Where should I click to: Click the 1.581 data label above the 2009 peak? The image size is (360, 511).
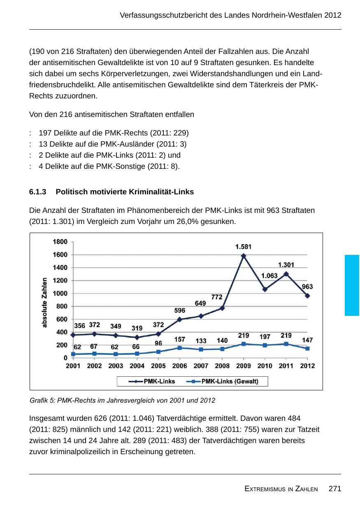(243, 247)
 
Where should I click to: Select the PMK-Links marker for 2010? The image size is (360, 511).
(265, 289)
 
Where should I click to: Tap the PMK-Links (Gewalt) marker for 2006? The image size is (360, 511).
(179, 348)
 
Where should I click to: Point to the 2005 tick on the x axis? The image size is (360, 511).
(158, 366)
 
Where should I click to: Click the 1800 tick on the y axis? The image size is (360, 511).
(60, 242)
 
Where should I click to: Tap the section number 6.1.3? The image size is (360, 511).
(37, 192)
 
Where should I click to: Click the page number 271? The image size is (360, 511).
(335, 489)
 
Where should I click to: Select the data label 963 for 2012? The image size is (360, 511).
(307, 287)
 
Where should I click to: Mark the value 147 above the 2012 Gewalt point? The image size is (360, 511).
(307, 340)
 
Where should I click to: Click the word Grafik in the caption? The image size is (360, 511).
(39, 400)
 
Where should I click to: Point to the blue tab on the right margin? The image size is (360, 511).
(352, 285)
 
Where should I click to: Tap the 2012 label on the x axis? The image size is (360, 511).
(307, 366)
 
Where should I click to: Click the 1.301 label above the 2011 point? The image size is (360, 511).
(286, 265)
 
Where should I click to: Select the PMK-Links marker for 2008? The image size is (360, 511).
(222, 308)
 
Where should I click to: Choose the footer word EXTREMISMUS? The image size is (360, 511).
(263, 489)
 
